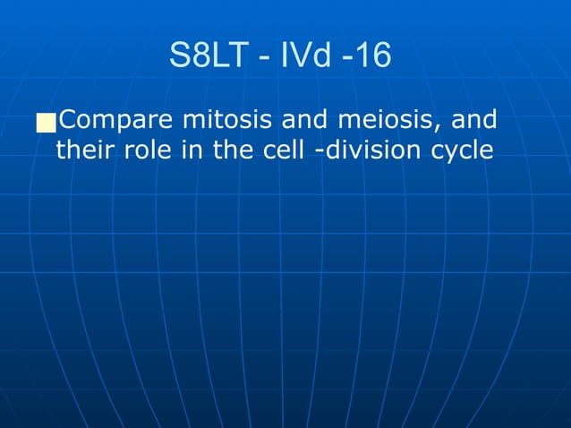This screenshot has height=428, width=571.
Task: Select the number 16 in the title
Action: point(371,56)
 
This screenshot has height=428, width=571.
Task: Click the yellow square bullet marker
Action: point(46,123)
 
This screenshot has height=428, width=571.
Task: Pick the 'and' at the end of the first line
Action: point(474,120)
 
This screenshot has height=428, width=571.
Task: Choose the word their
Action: point(83,150)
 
